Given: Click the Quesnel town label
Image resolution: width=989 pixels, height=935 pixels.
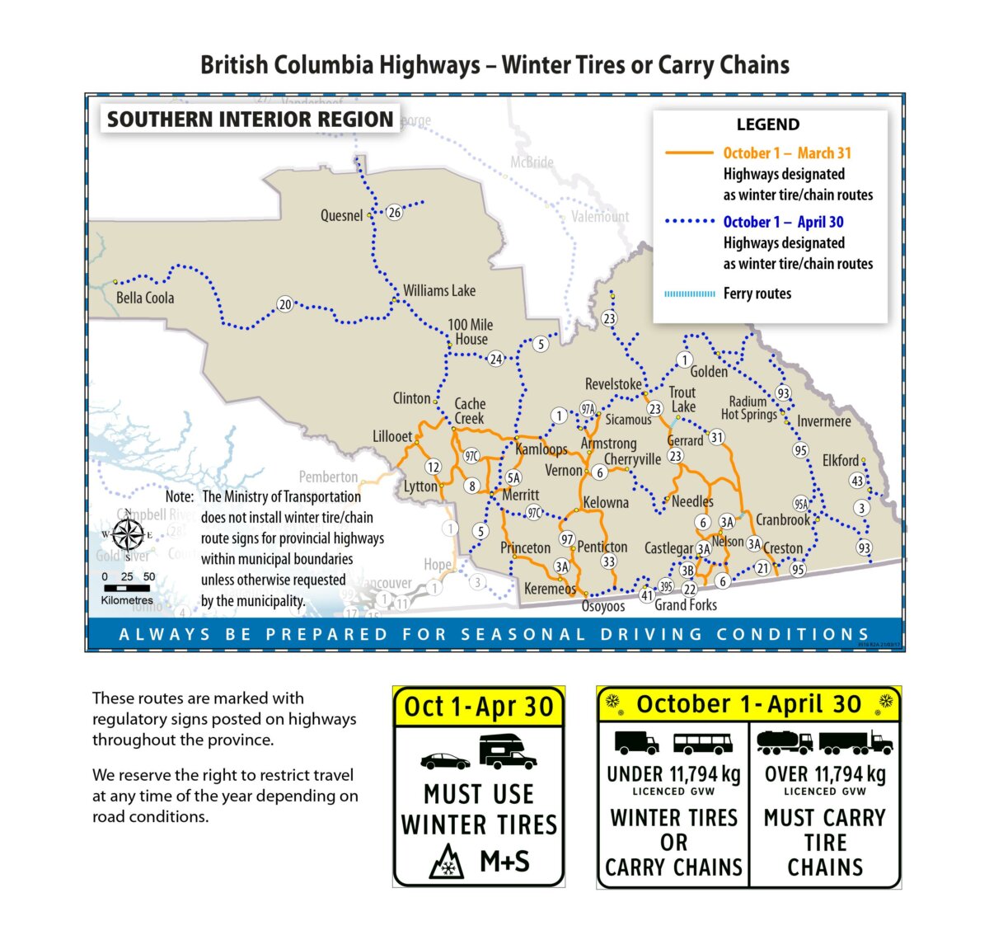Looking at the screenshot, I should tap(341, 216).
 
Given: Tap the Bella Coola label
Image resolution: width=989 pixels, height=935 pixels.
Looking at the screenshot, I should tap(145, 298).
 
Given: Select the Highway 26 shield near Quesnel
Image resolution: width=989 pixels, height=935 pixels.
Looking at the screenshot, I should tap(395, 213).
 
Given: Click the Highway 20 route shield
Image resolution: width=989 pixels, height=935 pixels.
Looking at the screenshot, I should tap(284, 304).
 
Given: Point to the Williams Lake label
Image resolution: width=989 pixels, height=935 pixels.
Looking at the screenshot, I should tap(438, 290).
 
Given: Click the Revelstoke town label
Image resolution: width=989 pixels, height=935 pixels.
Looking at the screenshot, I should tap(613, 384).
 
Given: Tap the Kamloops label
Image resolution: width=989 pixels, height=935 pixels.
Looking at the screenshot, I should tap(541, 449).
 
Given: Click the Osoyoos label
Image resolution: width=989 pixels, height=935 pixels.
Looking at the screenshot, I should tap(603, 607).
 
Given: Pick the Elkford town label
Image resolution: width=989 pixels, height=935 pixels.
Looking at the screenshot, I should tap(841, 460).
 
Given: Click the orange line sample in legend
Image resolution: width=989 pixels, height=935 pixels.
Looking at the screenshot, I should tap(689, 153).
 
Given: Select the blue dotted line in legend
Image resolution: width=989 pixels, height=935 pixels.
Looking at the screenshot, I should tap(689, 221).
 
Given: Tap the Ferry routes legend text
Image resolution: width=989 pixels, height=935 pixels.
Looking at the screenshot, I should tap(757, 294).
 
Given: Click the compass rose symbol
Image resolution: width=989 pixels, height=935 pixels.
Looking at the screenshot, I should tap(128, 534).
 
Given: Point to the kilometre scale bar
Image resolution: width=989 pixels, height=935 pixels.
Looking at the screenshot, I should tap(126, 589).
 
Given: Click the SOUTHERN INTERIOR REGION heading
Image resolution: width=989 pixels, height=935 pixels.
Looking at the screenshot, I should tap(250, 120).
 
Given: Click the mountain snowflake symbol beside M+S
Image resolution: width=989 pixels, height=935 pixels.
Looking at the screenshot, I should tap(447, 862).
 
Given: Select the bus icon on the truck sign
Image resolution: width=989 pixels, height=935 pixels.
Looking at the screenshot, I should tap(702, 744).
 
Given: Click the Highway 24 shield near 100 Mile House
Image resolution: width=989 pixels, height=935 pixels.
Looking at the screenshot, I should tap(495, 359).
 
